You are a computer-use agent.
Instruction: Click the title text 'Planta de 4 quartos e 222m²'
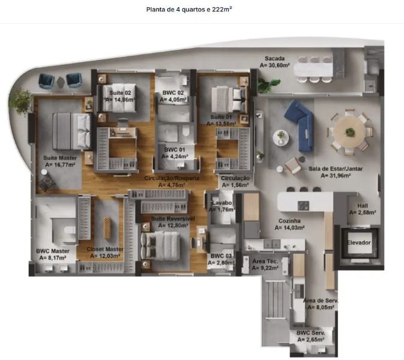pyautogui.click(x=189, y=10)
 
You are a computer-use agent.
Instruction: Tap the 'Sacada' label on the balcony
pyautogui.click(x=275, y=59)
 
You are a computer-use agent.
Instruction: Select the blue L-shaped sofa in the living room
pyautogui.click(x=300, y=125)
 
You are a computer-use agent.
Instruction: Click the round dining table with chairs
pyautogui.click(x=349, y=132)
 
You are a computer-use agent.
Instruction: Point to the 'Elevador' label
pyautogui.click(x=358, y=242)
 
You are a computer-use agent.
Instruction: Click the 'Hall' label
pyautogui.click(x=362, y=206)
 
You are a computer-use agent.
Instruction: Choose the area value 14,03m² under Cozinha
pyautogui.click(x=290, y=228)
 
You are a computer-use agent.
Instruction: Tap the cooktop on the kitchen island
pyautogui.click(x=303, y=206)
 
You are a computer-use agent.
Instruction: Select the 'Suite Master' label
pyautogui.click(x=60, y=158)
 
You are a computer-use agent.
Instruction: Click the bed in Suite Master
pyautogui.click(x=71, y=131)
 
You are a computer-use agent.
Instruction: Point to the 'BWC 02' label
pyautogui.click(x=173, y=93)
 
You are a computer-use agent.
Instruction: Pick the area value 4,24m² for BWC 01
pyautogui.click(x=174, y=157)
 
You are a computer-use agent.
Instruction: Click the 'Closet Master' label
pyautogui.click(x=105, y=249)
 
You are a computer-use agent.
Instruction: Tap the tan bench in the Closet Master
pyautogui.click(x=107, y=228)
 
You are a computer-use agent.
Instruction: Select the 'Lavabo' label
pyautogui.click(x=222, y=203)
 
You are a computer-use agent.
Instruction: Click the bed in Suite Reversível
pyautogui.click(x=160, y=246)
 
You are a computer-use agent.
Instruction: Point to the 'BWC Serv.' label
pyautogui.click(x=310, y=333)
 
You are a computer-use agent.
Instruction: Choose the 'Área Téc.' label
pyautogui.click(x=265, y=261)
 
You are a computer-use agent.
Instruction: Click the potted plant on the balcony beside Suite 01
pyautogui.click(x=268, y=85)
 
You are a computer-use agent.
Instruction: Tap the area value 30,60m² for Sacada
pyautogui.click(x=275, y=65)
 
